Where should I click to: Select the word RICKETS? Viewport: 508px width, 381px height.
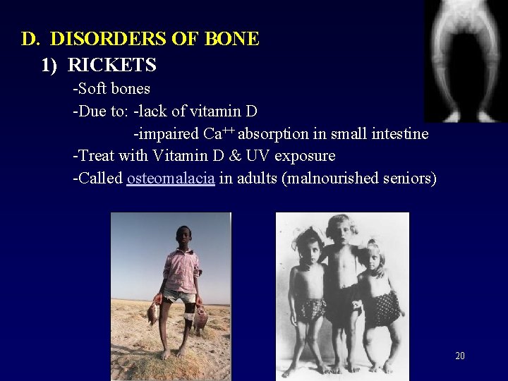point(112,66)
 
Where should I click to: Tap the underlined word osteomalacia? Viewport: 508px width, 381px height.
point(171,178)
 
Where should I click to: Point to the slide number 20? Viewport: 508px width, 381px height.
point(459,356)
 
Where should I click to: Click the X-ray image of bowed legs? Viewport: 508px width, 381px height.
point(465,60)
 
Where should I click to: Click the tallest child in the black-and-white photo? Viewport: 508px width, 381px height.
point(342,282)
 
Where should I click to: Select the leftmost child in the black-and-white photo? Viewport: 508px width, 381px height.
point(308,289)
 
